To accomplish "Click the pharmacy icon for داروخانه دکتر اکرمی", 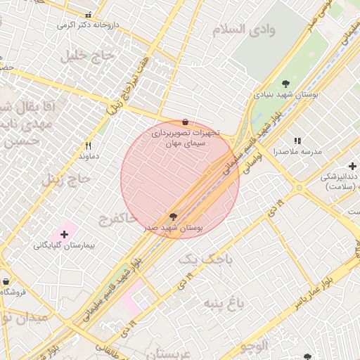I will pyautogui.click(x=88, y=15).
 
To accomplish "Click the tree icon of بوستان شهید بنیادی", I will pyautogui.click(x=285, y=83).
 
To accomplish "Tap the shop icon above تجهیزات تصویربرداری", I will pyautogui.click(x=184, y=122).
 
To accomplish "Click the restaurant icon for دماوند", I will pyautogui.click(x=88, y=146).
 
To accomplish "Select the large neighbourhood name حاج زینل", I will pyautogui.click(x=66, y=179).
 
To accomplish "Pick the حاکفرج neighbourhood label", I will pyautogui.click(x=117, y=219).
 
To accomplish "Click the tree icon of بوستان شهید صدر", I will pyautogui.click(x=174, y=216).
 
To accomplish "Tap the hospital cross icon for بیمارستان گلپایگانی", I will pyautogui.click(x=65, y=233).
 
